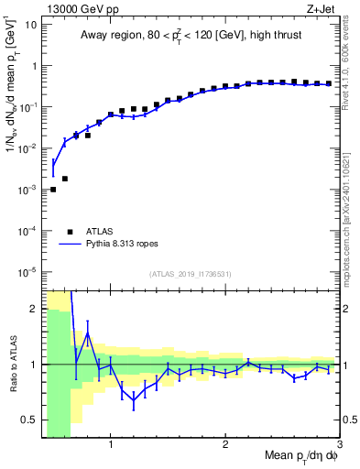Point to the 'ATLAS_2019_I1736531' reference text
pos(191,275)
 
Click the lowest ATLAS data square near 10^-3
pos(53,190)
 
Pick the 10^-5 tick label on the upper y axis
pos(28,271)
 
